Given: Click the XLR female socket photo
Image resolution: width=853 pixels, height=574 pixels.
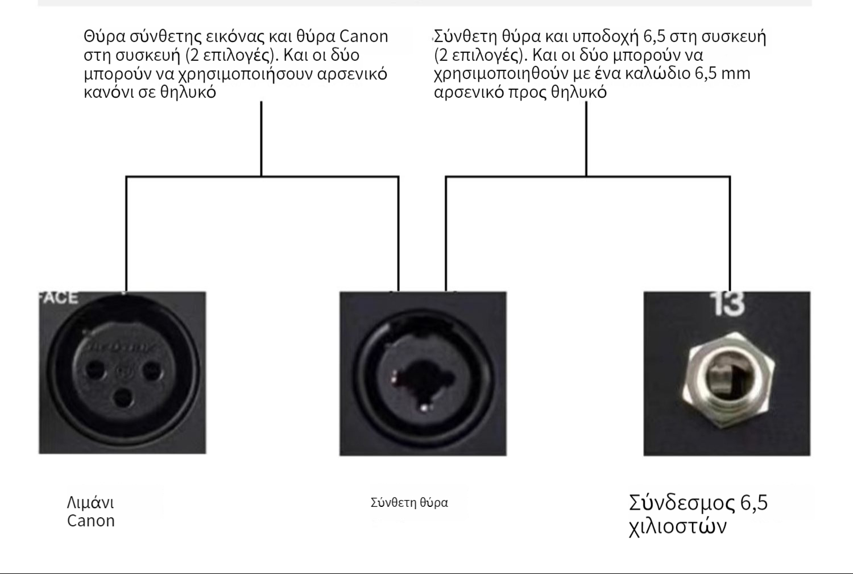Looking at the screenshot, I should (x=122, y=373).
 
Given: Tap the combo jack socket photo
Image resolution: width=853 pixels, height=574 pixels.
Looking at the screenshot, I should (x=423, y=374).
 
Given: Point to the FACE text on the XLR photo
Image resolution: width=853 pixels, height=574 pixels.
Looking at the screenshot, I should (x=59, y=298).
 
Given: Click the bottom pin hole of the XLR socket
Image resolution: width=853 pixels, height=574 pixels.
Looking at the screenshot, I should (x=123, y=397).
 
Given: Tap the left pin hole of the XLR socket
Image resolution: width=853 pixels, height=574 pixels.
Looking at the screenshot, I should (x=94, y=372).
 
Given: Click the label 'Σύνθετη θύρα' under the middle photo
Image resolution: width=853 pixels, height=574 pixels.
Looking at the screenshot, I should (x=409, y=502).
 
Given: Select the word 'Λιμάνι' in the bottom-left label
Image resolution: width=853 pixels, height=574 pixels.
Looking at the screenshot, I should (x=90, y=502).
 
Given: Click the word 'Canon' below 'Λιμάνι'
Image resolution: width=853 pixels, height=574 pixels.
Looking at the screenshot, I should (x=91, y=521).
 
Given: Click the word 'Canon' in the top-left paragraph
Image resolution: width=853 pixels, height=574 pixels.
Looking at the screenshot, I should (x=363, y=36).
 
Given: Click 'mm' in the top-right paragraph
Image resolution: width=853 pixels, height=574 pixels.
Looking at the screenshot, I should (x=736, y=73).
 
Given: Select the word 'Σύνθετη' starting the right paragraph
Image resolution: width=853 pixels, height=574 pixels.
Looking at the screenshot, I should (x=465, y=36).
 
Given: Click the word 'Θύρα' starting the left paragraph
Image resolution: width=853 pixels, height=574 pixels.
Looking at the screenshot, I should (x=104, y=36).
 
